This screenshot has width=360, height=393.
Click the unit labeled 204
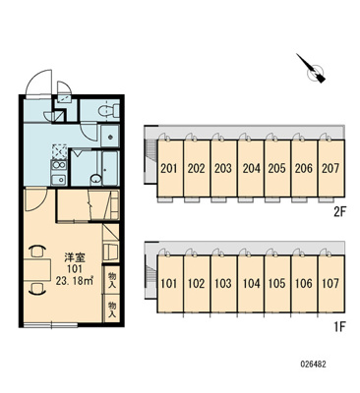[251, 168]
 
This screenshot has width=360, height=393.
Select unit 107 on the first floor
[331, 284]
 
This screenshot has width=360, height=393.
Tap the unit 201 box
[170, 168]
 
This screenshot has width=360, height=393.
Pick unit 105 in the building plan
[277, 284]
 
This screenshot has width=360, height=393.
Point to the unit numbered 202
[197, 168]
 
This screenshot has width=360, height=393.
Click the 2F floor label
[339, 213]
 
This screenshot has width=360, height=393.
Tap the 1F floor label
[339, 326]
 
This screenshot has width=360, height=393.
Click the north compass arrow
[311, 68]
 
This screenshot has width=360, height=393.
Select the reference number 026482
[313, 365]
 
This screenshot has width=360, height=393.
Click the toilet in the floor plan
[108, 110]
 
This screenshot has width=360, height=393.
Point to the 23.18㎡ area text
[75, 281]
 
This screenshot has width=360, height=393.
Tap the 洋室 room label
[75, 257]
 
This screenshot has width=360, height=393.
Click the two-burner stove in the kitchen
[58, 165]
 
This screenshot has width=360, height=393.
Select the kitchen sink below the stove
[58, 180]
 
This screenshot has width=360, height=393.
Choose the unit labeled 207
[331, 168]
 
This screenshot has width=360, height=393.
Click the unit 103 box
[223, 284]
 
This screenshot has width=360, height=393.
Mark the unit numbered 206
[304, 168]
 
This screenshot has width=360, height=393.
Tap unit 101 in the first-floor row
[170, 284]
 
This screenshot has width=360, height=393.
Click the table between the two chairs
[37, 269]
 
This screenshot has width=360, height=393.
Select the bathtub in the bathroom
[110, 168]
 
